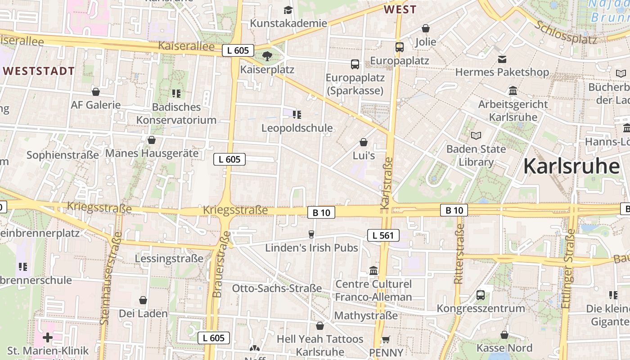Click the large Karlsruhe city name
571,166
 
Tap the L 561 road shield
383,235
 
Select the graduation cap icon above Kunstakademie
288,10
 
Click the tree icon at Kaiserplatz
267,56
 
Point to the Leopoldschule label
297,128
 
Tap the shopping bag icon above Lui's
364,143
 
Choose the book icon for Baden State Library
476,135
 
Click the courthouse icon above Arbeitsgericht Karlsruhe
513,91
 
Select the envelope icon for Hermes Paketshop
502,59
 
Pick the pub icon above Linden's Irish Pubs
311,234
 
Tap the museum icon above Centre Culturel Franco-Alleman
373,271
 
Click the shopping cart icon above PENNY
386,339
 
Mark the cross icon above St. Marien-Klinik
48,337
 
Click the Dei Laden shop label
143,313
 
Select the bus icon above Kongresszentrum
481,295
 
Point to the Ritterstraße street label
459,255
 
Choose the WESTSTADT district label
39,71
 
